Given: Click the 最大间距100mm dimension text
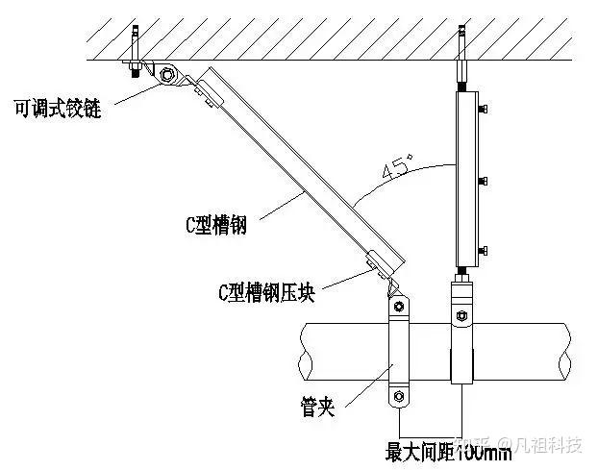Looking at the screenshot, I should (448, 449).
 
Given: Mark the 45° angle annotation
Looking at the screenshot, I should (397, 170).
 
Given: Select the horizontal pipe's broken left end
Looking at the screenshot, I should (306, 352).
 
